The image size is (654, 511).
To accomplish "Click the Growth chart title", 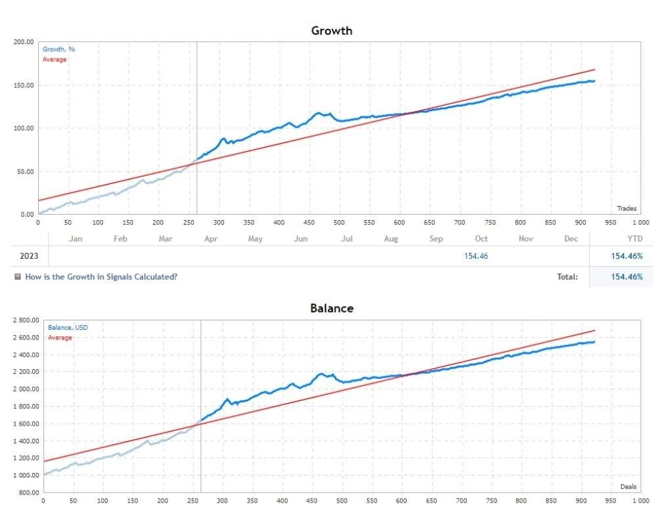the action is tap(332, 31).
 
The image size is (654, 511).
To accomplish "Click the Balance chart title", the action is tap(332, 308).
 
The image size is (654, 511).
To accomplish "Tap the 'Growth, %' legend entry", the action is tap(58, 49).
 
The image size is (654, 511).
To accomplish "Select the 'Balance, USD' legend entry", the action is tap(68, 328).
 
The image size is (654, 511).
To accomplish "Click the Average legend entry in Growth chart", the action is tap(54, 59).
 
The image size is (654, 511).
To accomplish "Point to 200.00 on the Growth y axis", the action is tap(24, 42).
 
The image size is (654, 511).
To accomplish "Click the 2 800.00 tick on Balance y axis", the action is tap(26, 321).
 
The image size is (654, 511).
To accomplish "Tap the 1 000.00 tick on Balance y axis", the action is tap(26, 475).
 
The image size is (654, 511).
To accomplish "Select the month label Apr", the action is tap(211, 238).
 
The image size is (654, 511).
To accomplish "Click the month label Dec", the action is tap(571, 238).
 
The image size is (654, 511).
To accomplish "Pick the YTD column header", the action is tap(635, 238).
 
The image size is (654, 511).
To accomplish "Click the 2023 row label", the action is tap(29, 256).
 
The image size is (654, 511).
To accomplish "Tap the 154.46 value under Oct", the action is tap(476, 256).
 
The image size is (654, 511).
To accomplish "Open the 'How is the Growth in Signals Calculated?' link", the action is tap(101, 277).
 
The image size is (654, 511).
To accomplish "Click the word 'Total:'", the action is tap(567, 277).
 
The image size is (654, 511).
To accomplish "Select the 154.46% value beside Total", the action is tap(627, 277).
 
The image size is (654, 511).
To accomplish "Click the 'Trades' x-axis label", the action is tap(627, 208).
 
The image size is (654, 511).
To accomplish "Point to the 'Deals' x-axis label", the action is tap(628, 487).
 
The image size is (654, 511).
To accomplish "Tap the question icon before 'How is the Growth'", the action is tap(18, 277).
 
